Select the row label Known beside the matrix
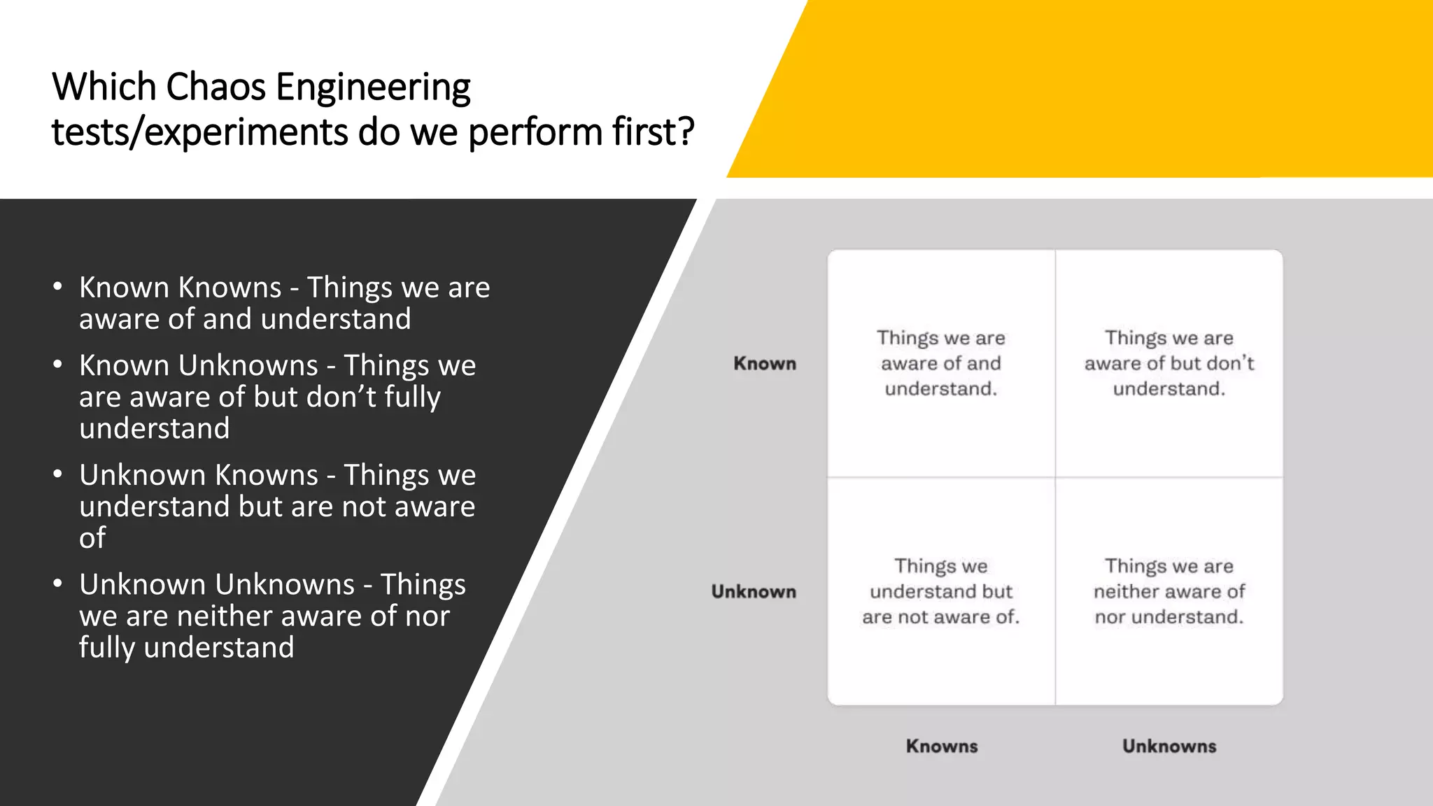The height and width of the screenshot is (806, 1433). pyautogui.click(x=765, y=364)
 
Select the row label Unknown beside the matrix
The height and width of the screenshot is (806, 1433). pyautogui.click(x=754, y=592)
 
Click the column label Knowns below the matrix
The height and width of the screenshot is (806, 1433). pyautogui.click(x=941, y=747)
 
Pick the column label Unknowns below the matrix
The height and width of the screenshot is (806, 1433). pyautogui.click(x=1169, y=747)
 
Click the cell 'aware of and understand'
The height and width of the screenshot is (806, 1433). pyautogui.click(x=941, y=364)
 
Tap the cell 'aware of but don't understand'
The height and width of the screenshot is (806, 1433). pyautogui.click(x=1169, y=364)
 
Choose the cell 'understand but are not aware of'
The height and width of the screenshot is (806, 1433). pyautogui.click(x=941, y=592)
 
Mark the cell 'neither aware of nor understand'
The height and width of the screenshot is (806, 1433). pyautogui.click(x=1169, y=592)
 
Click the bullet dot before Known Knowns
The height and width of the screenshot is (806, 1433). pyautogui.click(x=58, y=287)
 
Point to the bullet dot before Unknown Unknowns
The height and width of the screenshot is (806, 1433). pyautogui.click(x=58, y=584)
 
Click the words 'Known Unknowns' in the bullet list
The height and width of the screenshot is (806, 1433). pyautogui.click(x=199, y=365)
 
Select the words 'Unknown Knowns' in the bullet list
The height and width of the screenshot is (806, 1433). pyautogui.click(x=199, y=475)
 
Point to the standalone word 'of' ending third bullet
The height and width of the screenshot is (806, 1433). pyautogui.click(x=92, y=538)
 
